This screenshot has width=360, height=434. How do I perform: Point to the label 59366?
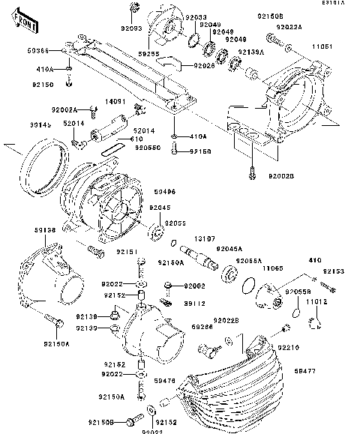coord(37,51)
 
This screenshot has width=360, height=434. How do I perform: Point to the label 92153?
coord(334,271)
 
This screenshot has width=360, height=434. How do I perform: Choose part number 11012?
coord(318,301)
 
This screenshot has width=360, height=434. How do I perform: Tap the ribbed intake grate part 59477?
coord(240,390)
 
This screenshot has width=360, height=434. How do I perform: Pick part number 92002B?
coord(282,176)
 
